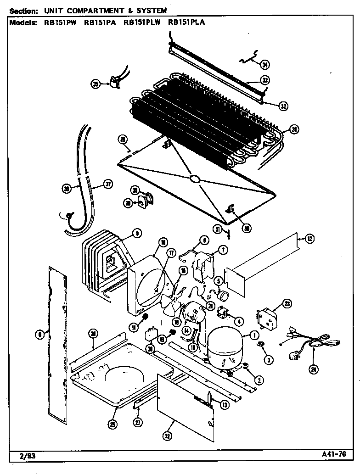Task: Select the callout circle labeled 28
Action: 294,129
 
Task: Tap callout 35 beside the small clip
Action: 95,84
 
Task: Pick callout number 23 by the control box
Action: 287,303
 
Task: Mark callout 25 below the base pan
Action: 112,425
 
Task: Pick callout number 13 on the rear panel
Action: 224,404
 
